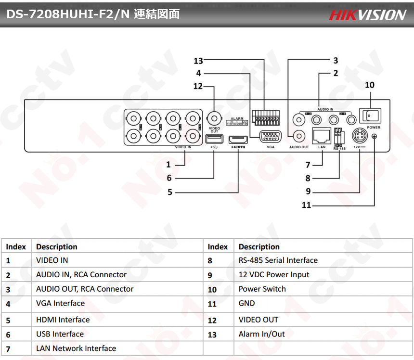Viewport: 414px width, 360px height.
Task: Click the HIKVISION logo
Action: pos(367,14)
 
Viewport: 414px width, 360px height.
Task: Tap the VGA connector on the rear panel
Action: pos(270,136)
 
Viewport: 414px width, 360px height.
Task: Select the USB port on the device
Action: pos(214,139)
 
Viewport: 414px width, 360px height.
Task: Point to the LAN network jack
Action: pos(322,136)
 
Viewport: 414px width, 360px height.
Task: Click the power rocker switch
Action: pos(371,116)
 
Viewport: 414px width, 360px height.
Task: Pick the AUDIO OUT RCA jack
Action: pos(298,136)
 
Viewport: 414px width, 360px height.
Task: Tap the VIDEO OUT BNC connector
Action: pos(214,117)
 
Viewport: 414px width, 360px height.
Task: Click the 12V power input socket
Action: pos(360,136)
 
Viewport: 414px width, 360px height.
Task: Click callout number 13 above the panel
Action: pos(198,61)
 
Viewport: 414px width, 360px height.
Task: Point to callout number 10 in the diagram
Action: pos(369,85)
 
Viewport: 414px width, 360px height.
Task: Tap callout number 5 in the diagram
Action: pos(170,193)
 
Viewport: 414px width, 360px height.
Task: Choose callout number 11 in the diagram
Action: pos(307,206)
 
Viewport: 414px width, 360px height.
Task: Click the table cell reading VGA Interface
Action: pos(60,303)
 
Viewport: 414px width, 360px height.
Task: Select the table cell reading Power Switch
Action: pos(262,289)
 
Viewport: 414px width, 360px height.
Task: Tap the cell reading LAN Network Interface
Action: pos(76,348)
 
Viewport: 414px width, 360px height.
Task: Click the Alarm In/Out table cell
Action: pos(261,334)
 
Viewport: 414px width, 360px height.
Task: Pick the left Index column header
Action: pos(16,246)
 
